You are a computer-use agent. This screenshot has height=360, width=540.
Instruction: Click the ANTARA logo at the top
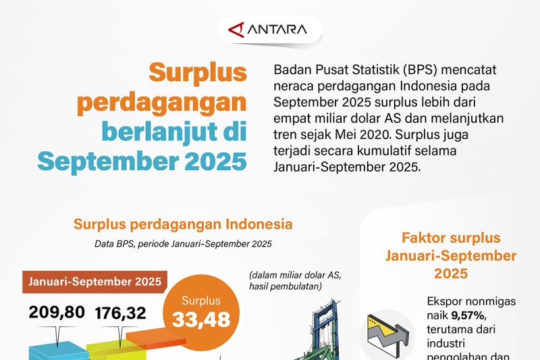point(269,30)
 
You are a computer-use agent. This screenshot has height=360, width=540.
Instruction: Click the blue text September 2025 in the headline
point(142,161)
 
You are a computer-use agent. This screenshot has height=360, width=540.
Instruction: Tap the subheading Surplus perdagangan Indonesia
point(183,224)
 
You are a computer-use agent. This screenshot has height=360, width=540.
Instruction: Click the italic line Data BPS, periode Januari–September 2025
point(182,243)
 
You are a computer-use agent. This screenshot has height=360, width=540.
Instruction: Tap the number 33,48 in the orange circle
point(201,319)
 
